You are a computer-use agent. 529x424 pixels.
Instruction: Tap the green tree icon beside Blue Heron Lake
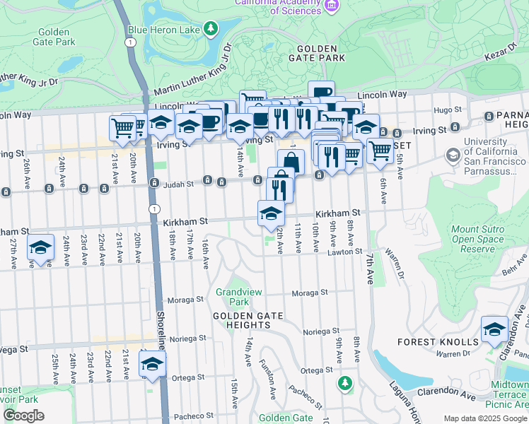[x=210, y=28]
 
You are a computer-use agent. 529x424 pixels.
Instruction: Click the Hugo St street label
[x=448, y=110]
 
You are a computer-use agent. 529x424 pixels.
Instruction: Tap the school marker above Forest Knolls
[x=494, y=329]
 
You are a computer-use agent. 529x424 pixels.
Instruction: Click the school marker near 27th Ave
[x=41, y=248]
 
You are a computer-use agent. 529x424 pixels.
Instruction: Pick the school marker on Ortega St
[x=151, y=364]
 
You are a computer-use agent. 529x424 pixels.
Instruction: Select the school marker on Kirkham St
[x=271, y=214]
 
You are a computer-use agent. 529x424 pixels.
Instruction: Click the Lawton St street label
[x=348, y=252]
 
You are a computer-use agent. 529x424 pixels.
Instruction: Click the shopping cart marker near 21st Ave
[x=122, y=129]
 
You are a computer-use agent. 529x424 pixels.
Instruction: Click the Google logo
[x=24, y=416]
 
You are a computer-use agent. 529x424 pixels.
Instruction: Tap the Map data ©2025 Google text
[x=484, y=418]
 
